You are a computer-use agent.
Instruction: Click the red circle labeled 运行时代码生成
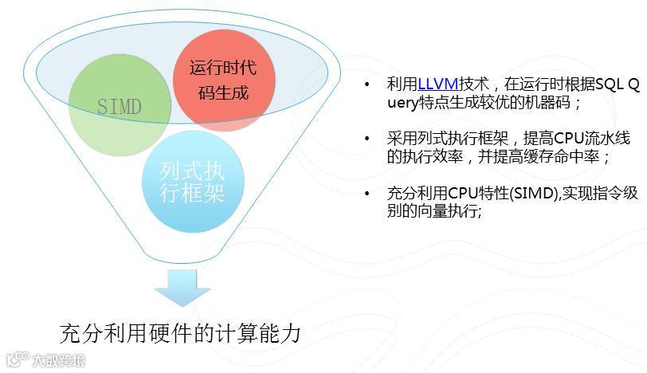pos(224,80)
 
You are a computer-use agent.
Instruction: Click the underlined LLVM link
pos(435,83)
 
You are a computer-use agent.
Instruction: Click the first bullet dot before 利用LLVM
pos(367,84)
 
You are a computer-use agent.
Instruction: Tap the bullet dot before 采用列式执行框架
pos(367,138)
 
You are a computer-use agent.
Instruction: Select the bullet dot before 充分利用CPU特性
pos(367,194)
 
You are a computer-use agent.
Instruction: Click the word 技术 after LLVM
pos(467,83)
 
